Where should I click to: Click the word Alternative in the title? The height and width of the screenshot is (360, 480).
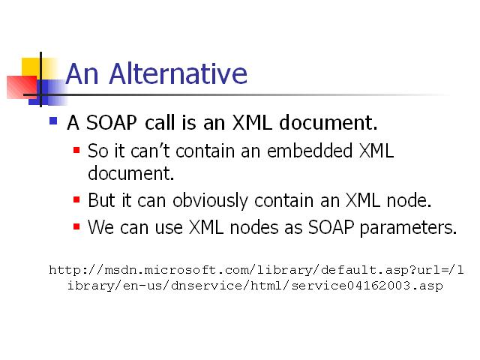coord(178,73)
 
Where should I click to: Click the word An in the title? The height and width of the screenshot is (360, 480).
coord(82,73)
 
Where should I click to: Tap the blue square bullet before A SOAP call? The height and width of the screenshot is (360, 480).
coord(53,121)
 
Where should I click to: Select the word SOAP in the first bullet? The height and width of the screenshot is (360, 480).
coord(111,122)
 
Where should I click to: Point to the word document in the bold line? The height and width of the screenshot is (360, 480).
coord(328,122)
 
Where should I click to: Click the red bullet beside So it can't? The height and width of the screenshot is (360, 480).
coord(76,150)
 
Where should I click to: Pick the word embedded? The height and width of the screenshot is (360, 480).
coord(310,151)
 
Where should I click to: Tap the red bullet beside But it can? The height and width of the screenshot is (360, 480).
coord(76,200)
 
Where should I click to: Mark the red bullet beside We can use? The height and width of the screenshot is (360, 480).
coord(76,226)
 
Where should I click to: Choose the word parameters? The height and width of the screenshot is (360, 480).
coord(408,228)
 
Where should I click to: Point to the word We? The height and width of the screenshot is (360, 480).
coord(101,227)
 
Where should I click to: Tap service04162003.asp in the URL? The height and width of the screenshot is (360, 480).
coord(367,286)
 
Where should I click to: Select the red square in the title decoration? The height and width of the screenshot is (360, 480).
coord(22,87)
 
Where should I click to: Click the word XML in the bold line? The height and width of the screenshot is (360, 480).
coord(252,122)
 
